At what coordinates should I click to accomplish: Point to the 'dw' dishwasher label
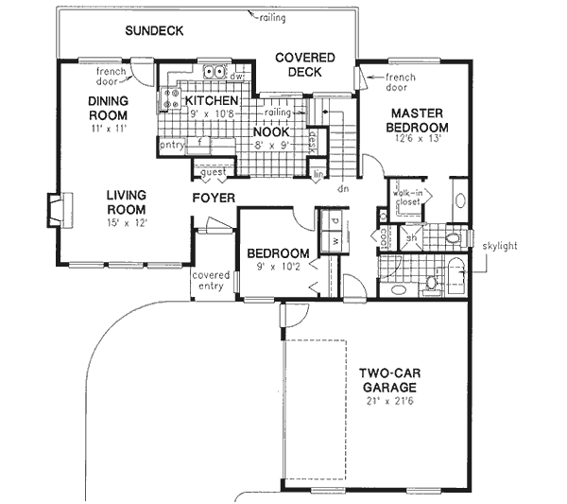pyautogui.click(x=237, y=77)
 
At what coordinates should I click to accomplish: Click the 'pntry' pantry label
pyautogui.click(x=172, y=145)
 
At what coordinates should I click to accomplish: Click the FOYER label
pyautogui.click(x=214, y=199)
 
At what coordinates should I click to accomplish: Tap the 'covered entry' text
pyautogui.click(x=211, y=281)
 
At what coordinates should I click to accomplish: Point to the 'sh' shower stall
pyautogui.click(x=412, y=238)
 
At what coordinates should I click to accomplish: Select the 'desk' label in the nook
pyautogui.click(x=312, y=141)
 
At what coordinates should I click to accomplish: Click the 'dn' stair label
pyautogui.click(x=340, y=188)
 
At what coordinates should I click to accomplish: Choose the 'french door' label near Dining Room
pyautogui.click(x=112, y=76)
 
